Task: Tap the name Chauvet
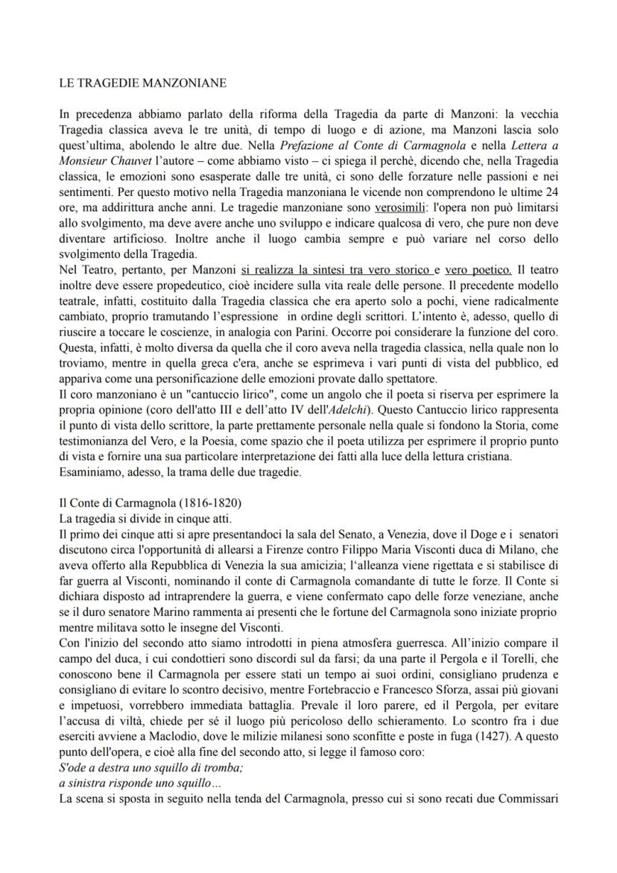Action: point(130,159)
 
